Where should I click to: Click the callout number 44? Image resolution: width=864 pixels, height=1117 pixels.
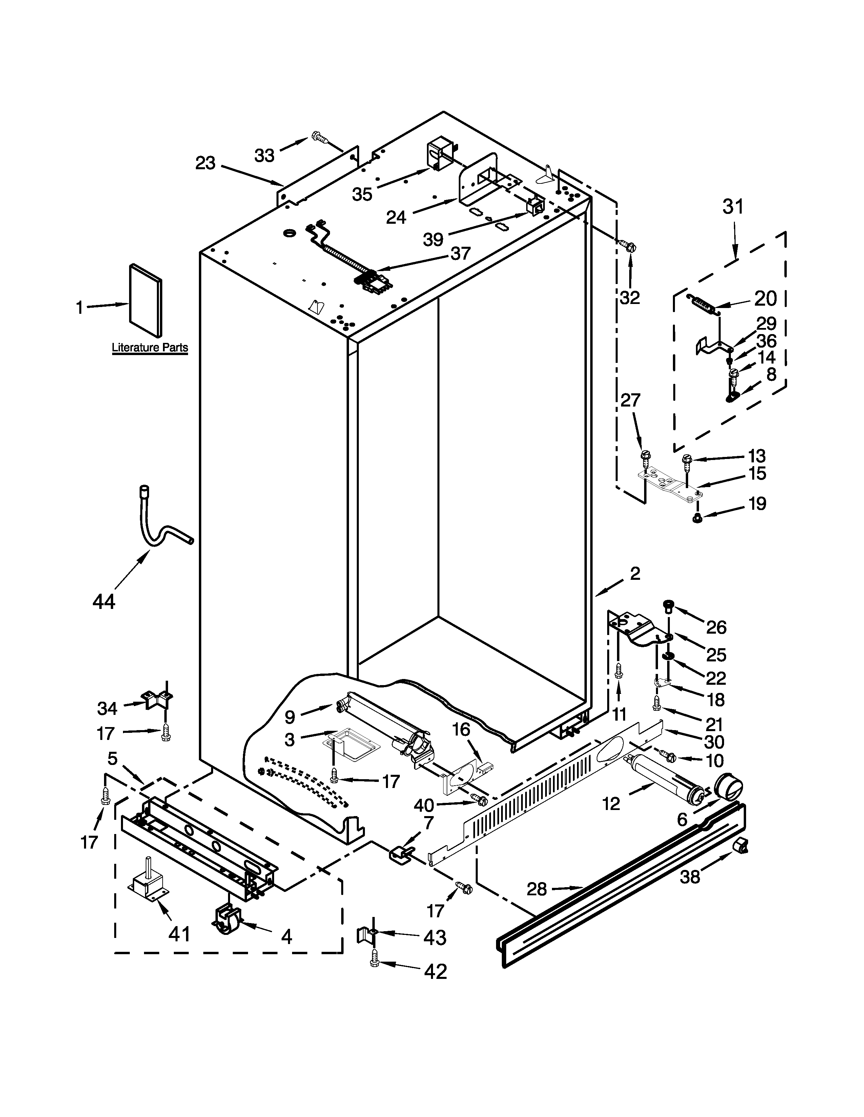pyautogui.click(x=104, y=601)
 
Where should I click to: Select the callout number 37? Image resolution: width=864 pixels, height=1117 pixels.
pyautogui.click(x=461, y=253)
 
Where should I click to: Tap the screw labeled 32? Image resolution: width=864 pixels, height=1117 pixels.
pyautogui.click(x=630, y=246)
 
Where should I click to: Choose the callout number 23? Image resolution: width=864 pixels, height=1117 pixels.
pyautogui.click(x=205, y=164)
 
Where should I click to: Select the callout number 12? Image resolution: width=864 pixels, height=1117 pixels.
pyautogui.click(x=611, y=804)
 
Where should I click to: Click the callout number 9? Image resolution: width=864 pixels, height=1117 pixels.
pyautogui.click(x=290, y=718)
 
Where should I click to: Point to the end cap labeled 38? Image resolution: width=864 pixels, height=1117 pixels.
pyautogui.click(x=740, y=847)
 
